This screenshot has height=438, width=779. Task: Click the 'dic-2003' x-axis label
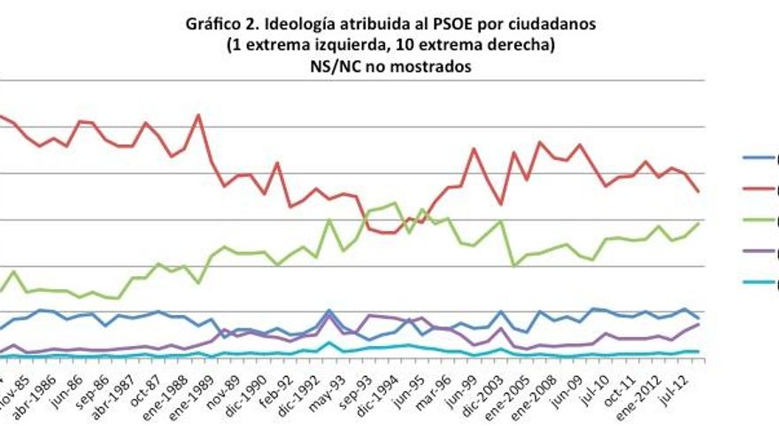487,394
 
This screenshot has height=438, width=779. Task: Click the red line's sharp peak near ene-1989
198,115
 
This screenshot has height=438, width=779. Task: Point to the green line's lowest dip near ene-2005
513,265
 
